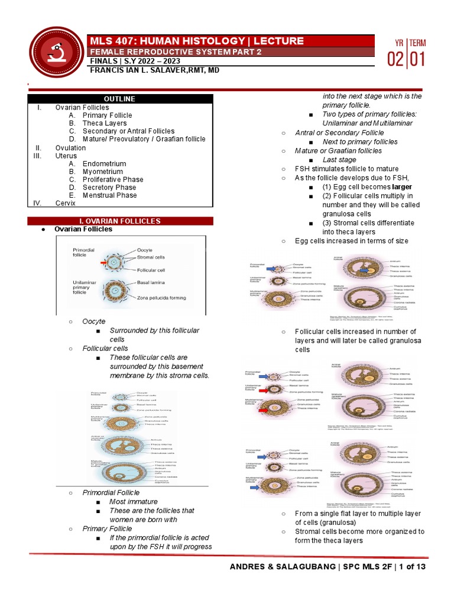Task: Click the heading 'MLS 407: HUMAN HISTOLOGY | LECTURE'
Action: click(196, 41)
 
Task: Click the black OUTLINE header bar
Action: click(120, 99)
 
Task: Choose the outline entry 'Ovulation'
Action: click(70, 147)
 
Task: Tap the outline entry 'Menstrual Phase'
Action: click(110, 195)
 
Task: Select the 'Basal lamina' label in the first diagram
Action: click(151, 283)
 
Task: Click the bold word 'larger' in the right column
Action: click(402, 186)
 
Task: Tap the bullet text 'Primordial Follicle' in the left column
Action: click(111, 492)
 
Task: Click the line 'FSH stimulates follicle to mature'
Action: click(346, 169)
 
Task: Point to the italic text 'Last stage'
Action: click(339, 160)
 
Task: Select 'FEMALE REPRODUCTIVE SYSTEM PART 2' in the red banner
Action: click(175, 51)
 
